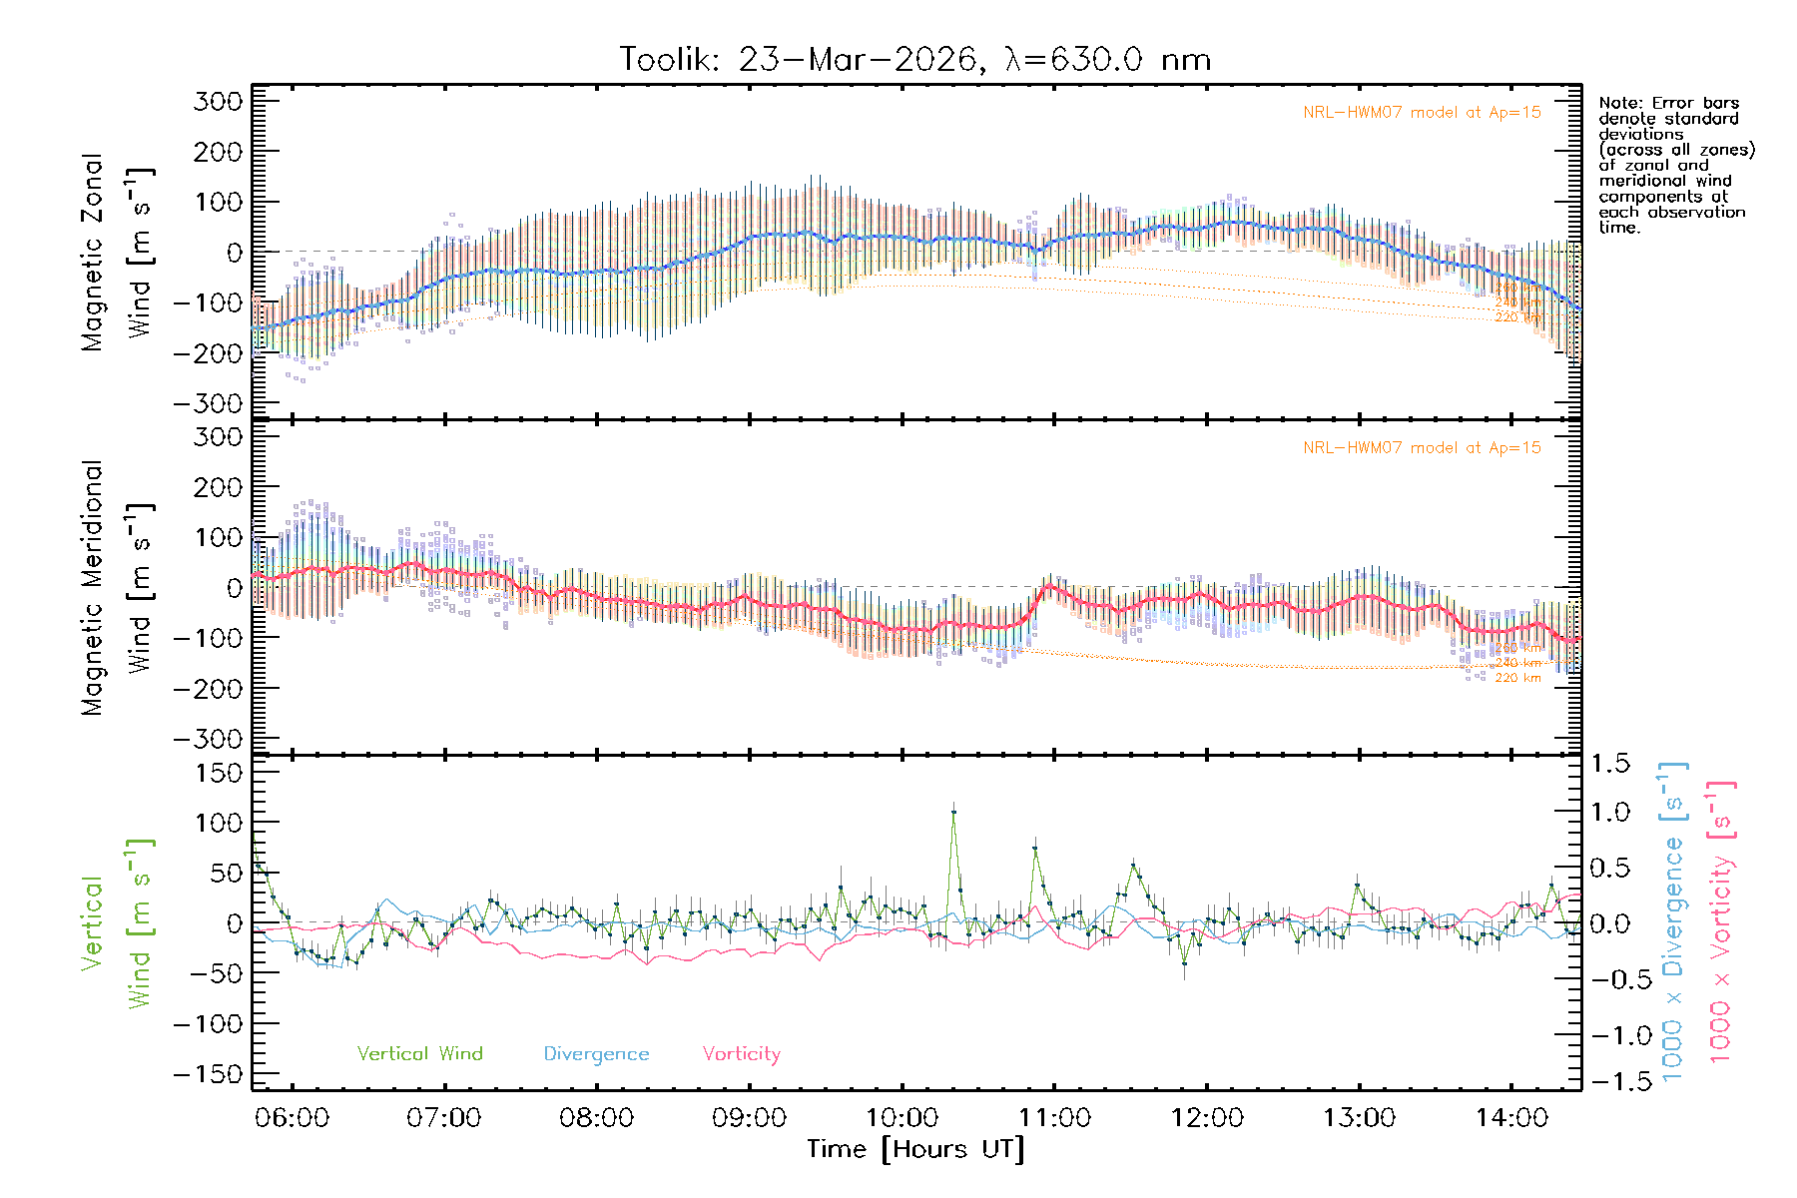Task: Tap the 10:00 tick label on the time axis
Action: point(901,1118)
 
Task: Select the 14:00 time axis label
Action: point(1511,1118)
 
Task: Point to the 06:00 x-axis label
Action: point(292,1118)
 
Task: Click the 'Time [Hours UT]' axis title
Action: point(914,1149)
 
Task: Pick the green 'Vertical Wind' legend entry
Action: point(419,1053)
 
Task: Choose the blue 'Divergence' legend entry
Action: point(596,1054)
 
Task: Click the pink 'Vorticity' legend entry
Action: point(741,1053)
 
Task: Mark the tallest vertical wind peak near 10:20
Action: point(953,812)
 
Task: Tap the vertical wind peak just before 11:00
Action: point(1035,849)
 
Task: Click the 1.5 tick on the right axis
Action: point(1609,764)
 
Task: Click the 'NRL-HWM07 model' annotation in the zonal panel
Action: point(1422,113)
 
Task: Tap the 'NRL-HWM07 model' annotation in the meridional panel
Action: point(1422,448)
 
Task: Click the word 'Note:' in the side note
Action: point(1620,103)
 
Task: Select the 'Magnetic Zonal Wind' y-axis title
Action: point(118,253)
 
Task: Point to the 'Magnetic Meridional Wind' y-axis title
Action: point(118,588)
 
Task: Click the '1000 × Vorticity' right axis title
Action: point(1720,920)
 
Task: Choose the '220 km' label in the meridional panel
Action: point(1517,678)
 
